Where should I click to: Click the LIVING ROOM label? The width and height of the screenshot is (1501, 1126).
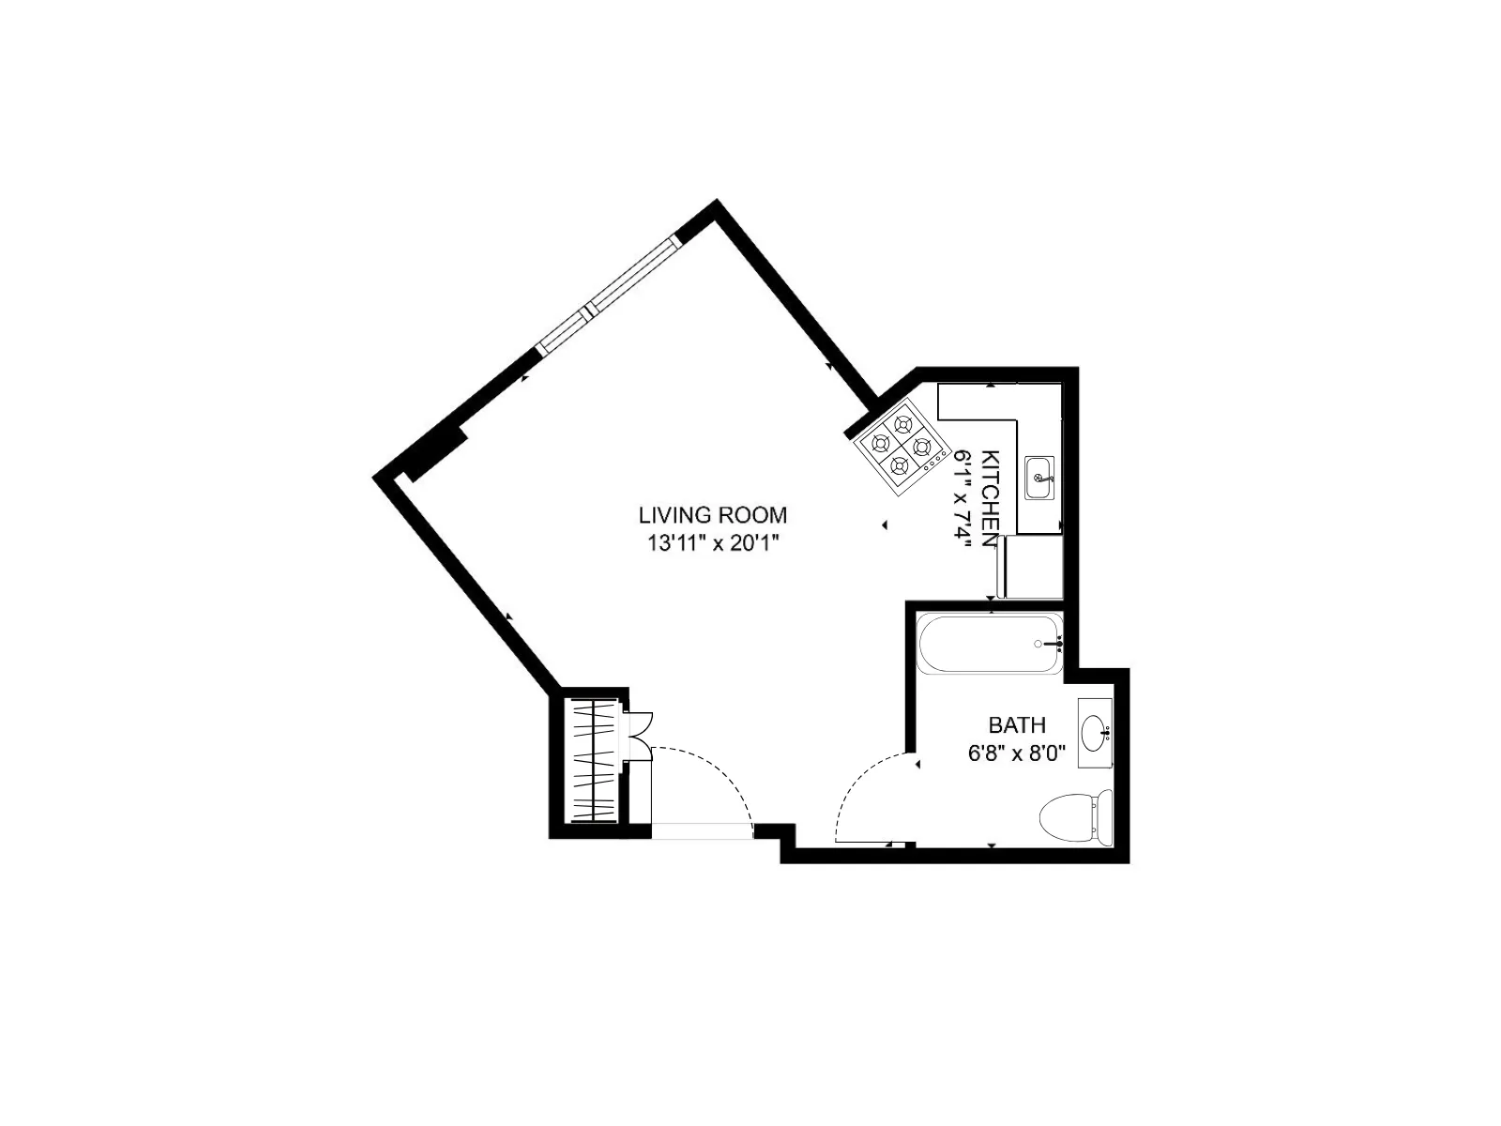tap(712, 515)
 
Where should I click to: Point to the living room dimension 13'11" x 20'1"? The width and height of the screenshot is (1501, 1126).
tap(712, 542)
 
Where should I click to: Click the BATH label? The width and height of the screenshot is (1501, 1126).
tap(1017, 725)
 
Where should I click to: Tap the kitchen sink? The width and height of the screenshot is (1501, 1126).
tap(1039, 478)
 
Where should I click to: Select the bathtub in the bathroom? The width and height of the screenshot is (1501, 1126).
tap(990, 644)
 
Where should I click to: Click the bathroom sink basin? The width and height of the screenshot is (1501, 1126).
tap(1094, 733)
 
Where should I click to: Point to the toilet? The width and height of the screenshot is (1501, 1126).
tap(1075, 815)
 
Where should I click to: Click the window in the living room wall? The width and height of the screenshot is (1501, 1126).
tap(608, 295)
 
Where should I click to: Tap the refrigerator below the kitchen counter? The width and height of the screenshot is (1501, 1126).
tap(1032, 566)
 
